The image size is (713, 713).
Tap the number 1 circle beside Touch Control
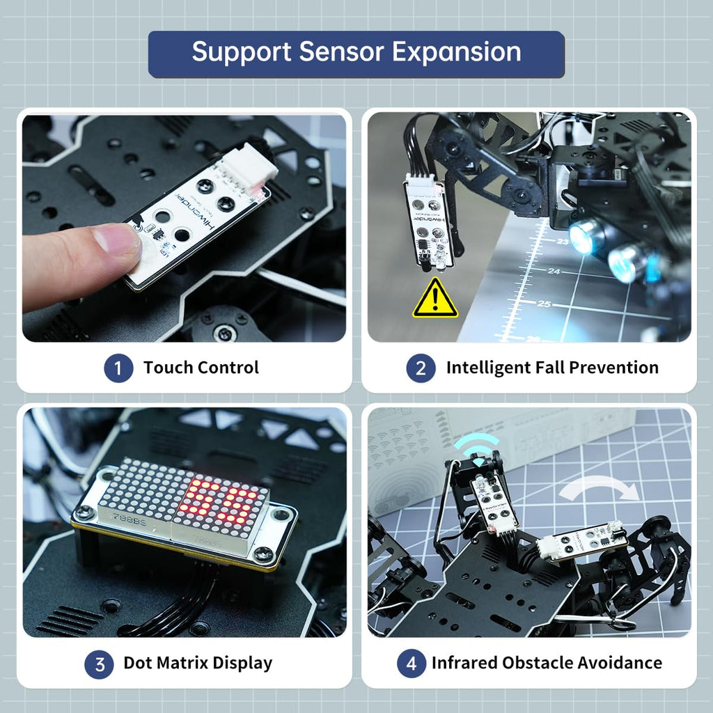[118, 368]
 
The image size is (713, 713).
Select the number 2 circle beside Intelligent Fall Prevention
[421, 368]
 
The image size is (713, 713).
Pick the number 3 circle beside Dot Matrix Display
[99, 664]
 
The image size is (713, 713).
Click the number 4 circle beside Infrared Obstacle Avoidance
[411, 664]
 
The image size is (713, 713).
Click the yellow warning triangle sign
[435, 299]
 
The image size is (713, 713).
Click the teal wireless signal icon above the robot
[477, 450]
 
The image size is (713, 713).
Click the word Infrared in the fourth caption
[464, 663]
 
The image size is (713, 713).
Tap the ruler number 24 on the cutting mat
[554, 271]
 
